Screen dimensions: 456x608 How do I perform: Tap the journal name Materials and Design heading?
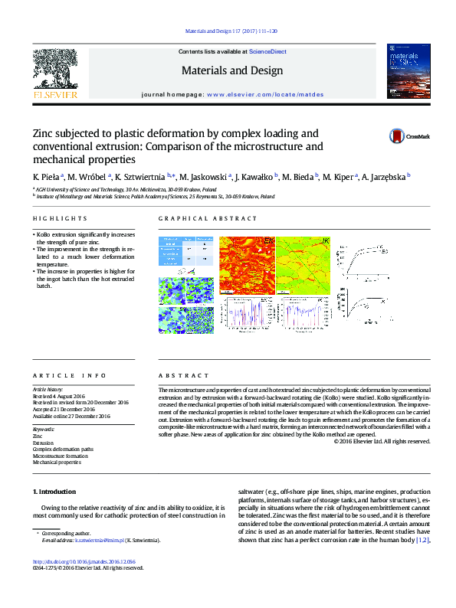click(231, 70)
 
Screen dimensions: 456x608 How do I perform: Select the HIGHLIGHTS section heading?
click(55, 218)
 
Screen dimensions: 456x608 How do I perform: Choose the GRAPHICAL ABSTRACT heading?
click(198, 218)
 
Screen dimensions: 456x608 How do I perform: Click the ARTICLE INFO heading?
click(70, 376)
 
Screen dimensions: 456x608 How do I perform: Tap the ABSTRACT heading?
click(184, 376)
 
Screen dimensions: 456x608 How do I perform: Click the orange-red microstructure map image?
click(246, 265)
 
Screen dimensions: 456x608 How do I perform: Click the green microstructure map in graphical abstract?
click(304, 265)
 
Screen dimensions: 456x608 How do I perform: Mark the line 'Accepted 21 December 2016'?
click(69, 409)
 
